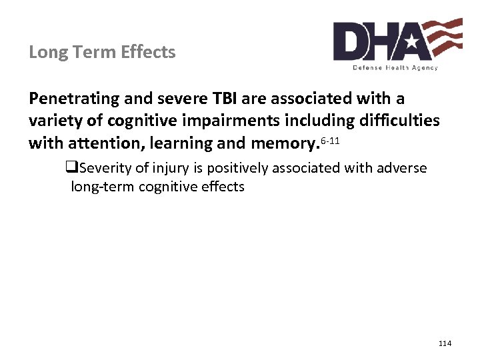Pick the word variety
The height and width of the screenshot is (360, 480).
(55, 121)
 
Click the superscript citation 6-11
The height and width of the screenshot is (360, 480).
(331, 139)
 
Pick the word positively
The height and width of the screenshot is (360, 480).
(237, 169)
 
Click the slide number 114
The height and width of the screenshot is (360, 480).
(445, 343)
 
